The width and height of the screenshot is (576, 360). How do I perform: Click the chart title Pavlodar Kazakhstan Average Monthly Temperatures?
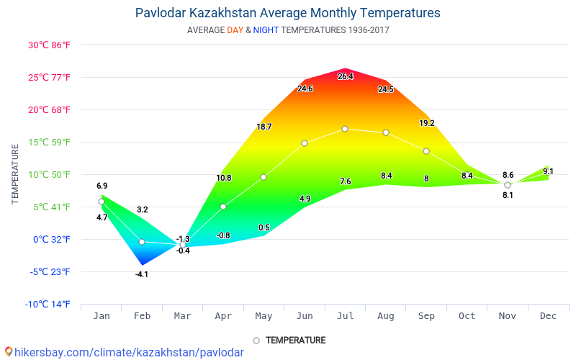click(x=287, y=13)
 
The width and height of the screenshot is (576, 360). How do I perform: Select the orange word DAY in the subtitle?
click(x=235, y=30)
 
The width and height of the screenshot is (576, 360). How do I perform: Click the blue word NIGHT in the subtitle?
click(x=266, y=30)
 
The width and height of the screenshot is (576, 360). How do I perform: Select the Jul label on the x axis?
click(x=345, y=315)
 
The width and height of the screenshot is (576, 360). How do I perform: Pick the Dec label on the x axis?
click(x=548, y=315)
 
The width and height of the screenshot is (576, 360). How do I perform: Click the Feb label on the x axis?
click(x=142, y=315)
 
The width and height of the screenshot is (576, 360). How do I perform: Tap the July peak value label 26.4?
click(x=346, y=76)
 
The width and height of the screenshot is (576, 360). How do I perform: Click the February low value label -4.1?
click(x=142, y=274)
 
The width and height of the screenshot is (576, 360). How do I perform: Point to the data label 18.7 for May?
click(x=264, y=127)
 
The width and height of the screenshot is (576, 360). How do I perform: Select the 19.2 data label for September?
click(x=426, y=123)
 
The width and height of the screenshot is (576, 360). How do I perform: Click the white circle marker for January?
click(x=102, y=202)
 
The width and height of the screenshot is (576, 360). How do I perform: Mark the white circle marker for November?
click(x=508, y=185)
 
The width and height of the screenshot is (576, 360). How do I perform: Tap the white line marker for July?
click(x=345, y=129)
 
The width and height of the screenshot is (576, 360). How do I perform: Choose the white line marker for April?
click(x=223, y=207)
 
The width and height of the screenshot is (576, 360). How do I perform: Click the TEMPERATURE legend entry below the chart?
click(x=289, y=340)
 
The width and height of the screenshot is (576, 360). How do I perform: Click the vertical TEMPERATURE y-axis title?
click(x=15, y=174)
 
